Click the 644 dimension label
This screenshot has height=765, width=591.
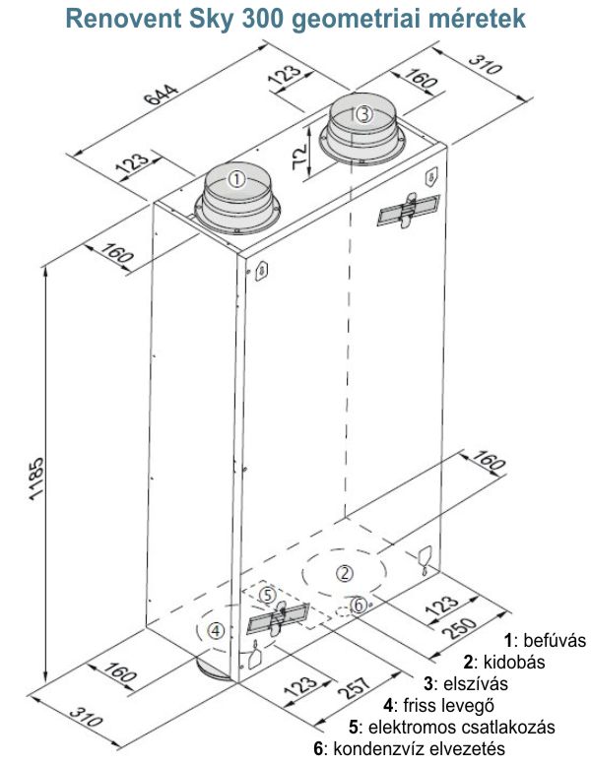click(x=162, y=95)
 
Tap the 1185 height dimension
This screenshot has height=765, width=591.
click(x=36, y=478)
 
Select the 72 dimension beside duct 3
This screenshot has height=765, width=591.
click(x=299, y=157)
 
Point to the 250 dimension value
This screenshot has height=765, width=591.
click(x=459, y=627)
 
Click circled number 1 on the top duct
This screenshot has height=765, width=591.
click(x=236, y=179)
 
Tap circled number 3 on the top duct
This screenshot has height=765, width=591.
click(x=364, y=114)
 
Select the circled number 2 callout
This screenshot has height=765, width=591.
click(x=345, y=573)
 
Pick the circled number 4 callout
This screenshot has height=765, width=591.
click(x=216, y=631)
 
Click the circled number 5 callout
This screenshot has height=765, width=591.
click(x=268, y=595)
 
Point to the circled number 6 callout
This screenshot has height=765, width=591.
click(x=359, y=605)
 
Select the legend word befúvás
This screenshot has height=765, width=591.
click(x=554, y=640)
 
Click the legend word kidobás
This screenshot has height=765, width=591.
click(x=514, y=662)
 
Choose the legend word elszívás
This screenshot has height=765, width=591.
click(x=476, y=683)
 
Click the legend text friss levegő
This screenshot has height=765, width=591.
click(x=448, y=706)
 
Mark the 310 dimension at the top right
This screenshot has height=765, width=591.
click(x=485, y=63)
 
